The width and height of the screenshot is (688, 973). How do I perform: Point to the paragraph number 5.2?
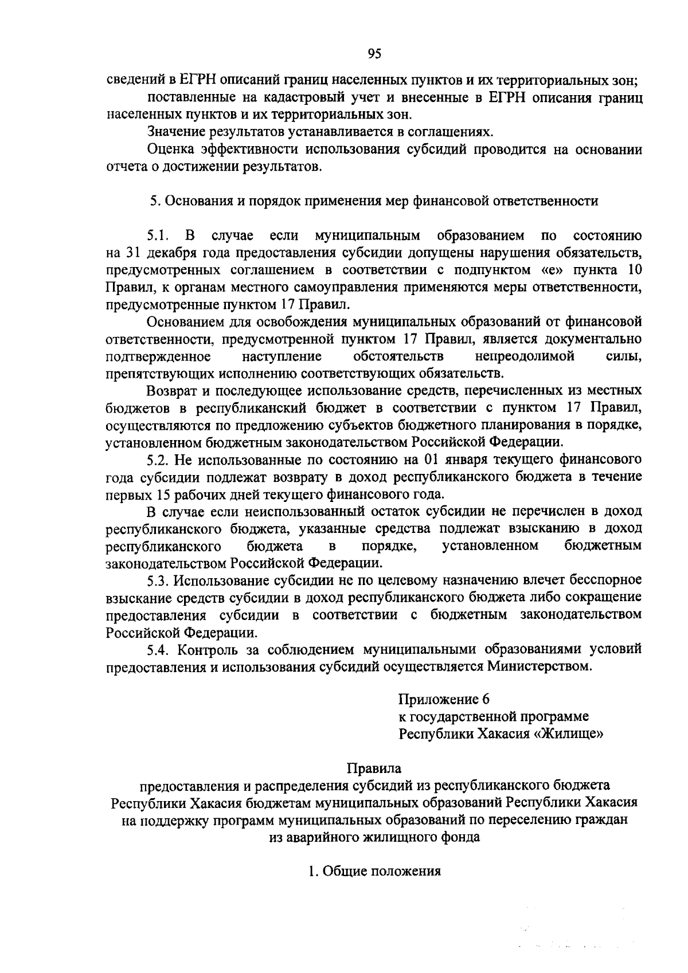pyautogui.click(x=158, y=459)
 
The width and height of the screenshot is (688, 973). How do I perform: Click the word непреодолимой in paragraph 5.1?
pyautogui.click(x=525, y=356)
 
